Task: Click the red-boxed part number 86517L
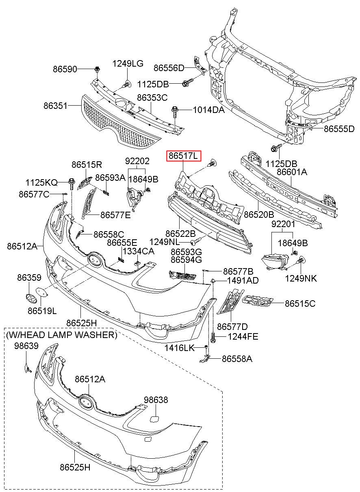click(x=183, y=156)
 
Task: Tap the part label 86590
click(x=65, y=69)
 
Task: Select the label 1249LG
click(x=128, y=64)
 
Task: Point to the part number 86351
click(x=55, y=106)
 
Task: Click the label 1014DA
click(x=209, y=110)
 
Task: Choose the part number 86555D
click(x=339, y=129)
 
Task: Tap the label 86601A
click(x=292, y=172)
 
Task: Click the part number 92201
click(x=283, y=224)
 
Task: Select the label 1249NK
click(x=301, y=279)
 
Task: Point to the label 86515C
click(x=300, y=303)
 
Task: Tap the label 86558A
click(x=237, y=359)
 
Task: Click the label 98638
click(x=156, y=400)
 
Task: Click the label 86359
click(x=29, y=277)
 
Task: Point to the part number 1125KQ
click(x=41, y=182)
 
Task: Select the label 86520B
click(x=259, y=214)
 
